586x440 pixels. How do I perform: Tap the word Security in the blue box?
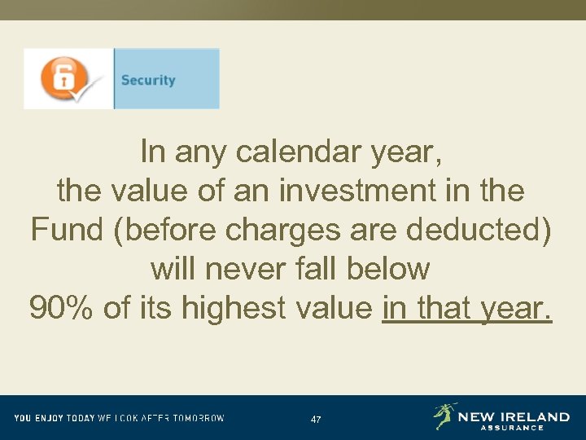click(x=148, y=80)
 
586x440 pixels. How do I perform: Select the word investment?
click(x=371, y=191)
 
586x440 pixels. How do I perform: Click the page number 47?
click(x=316, y=419)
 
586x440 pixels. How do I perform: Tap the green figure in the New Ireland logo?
click(x=444, y=416)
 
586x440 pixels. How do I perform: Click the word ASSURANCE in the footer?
click(x=511, y=428)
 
